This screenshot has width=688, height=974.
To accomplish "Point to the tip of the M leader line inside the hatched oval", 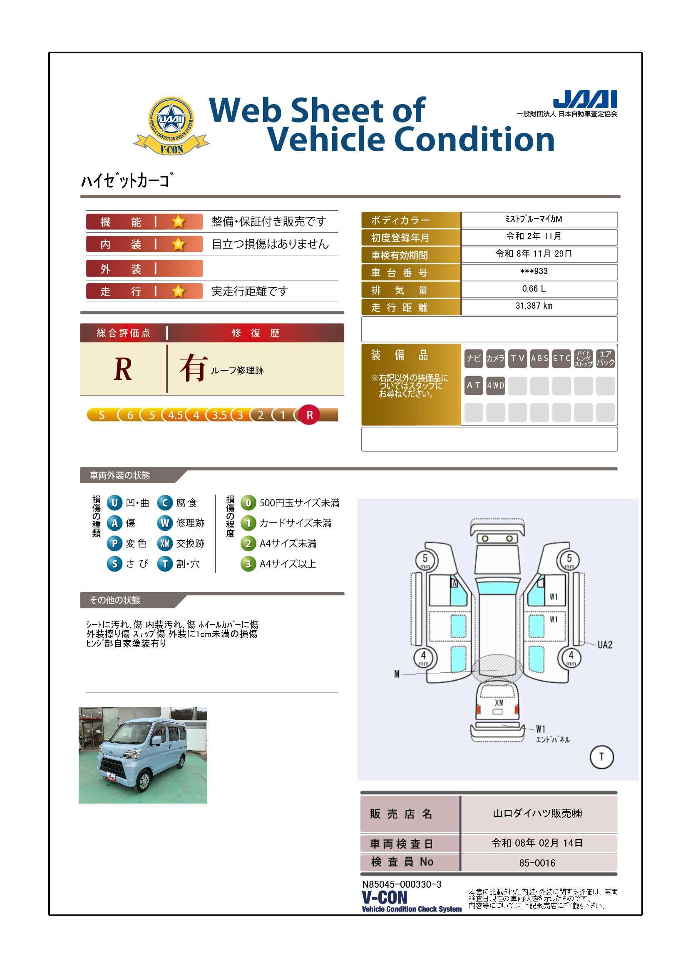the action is tap(497, 670).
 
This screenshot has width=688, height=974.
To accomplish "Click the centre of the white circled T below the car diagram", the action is tap(601, 757).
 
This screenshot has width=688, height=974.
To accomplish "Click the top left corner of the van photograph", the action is tap(79, 707).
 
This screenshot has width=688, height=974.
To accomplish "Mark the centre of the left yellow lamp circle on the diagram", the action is tap(485, 539).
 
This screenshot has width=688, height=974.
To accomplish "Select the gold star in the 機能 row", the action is tap(179, 222).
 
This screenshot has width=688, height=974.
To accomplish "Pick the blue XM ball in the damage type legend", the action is tap(165, 543).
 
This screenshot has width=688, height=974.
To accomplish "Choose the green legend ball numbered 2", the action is tap(248, 544).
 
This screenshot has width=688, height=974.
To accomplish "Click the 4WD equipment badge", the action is tap(496, 386).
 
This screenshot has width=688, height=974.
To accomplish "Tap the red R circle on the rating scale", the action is tap(309, 415).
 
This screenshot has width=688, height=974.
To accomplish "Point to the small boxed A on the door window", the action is tap(455, 584).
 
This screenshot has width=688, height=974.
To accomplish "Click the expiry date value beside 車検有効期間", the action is tap(534, 254).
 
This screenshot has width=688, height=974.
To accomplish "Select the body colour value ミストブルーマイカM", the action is tap(534, 219).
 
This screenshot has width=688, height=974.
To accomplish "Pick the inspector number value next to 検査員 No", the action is tap(537, 863).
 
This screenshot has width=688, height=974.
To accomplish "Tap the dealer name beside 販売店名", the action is tap(537, 813).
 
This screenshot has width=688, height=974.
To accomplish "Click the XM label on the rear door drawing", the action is tap(499, 702).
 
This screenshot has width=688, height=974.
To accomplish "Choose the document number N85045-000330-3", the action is tap(402, 884).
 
